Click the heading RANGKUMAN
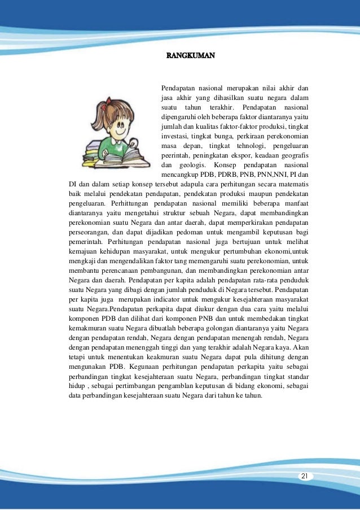[191, 56]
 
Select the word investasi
[174, 136]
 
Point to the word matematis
[291, 184]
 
